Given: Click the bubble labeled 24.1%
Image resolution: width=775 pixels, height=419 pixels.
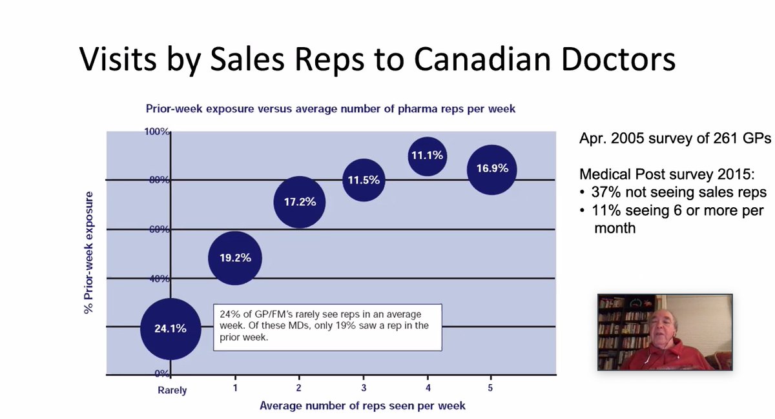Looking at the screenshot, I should coord(170,329).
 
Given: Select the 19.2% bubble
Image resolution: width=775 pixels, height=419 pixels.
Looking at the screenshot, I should coord(234,258).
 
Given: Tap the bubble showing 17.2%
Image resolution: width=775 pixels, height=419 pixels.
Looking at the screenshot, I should coord(299,202).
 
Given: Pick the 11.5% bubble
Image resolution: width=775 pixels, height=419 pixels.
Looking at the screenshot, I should coord(364,180).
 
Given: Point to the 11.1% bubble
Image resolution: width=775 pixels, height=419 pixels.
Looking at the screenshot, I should coord(427,156).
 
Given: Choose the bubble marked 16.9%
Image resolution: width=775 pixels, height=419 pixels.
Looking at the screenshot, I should coord(491,169).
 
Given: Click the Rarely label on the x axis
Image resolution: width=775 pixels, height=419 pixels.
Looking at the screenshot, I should coord(172,391).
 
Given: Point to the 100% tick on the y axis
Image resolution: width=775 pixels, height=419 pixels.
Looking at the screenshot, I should coord(156,132).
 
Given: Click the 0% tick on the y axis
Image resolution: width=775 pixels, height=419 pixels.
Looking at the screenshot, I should coord(161,374).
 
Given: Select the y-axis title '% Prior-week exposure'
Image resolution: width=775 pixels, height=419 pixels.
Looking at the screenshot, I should coord(88,252).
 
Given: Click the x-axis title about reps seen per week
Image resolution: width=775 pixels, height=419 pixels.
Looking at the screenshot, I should coord(362,406).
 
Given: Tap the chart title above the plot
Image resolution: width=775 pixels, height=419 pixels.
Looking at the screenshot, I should coord(330,108).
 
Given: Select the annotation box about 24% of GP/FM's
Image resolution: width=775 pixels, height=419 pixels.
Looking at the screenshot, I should coord(327,327).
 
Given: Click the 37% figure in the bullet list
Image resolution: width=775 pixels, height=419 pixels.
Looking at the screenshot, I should coord(604,192).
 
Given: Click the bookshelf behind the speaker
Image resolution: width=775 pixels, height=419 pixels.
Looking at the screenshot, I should coord(617,329).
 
